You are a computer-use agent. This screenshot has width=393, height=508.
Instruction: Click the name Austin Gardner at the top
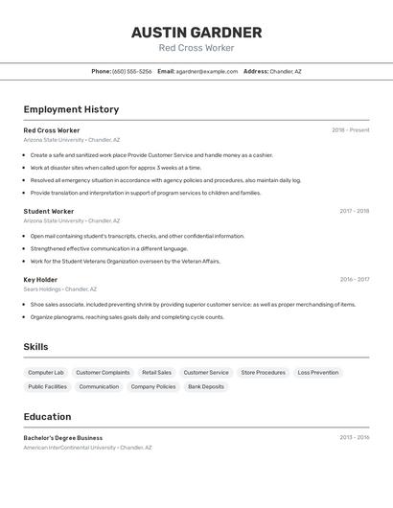click(196, 33)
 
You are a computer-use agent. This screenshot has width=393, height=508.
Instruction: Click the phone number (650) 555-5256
click(131, 71)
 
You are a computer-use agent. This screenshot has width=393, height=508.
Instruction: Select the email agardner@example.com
click(206, 71)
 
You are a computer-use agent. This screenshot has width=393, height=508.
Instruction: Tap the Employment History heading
click(71, 109)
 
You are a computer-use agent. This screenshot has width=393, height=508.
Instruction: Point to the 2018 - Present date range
click(350, 130)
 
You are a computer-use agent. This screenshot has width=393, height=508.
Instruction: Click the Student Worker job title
click(49, 211)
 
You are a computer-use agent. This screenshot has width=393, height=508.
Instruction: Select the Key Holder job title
click(40, 280)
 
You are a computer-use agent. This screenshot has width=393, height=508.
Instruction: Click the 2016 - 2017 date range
click(354, 280)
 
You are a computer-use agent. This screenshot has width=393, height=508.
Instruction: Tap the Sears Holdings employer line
click(59, 289)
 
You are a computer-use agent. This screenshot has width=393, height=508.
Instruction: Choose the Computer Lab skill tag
click(46, 372)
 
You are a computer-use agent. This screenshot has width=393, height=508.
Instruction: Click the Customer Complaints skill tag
click(103, 372)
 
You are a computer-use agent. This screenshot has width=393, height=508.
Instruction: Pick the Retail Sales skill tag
click(156, 372)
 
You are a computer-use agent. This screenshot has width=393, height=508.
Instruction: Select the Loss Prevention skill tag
click(317, 372)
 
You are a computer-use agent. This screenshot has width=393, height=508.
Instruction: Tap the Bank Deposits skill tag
click(206, 386)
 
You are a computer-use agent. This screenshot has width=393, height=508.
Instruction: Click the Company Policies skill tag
click(153, 386)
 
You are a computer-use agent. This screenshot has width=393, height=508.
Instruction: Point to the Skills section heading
click(35, 347)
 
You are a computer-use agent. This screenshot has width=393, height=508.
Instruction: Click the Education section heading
click(47, 417)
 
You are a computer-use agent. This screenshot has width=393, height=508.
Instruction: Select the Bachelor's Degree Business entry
click(63, 437)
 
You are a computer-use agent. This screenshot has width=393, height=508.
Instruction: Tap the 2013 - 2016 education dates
click(354, 437)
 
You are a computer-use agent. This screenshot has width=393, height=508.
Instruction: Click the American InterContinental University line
click(87, 447)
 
